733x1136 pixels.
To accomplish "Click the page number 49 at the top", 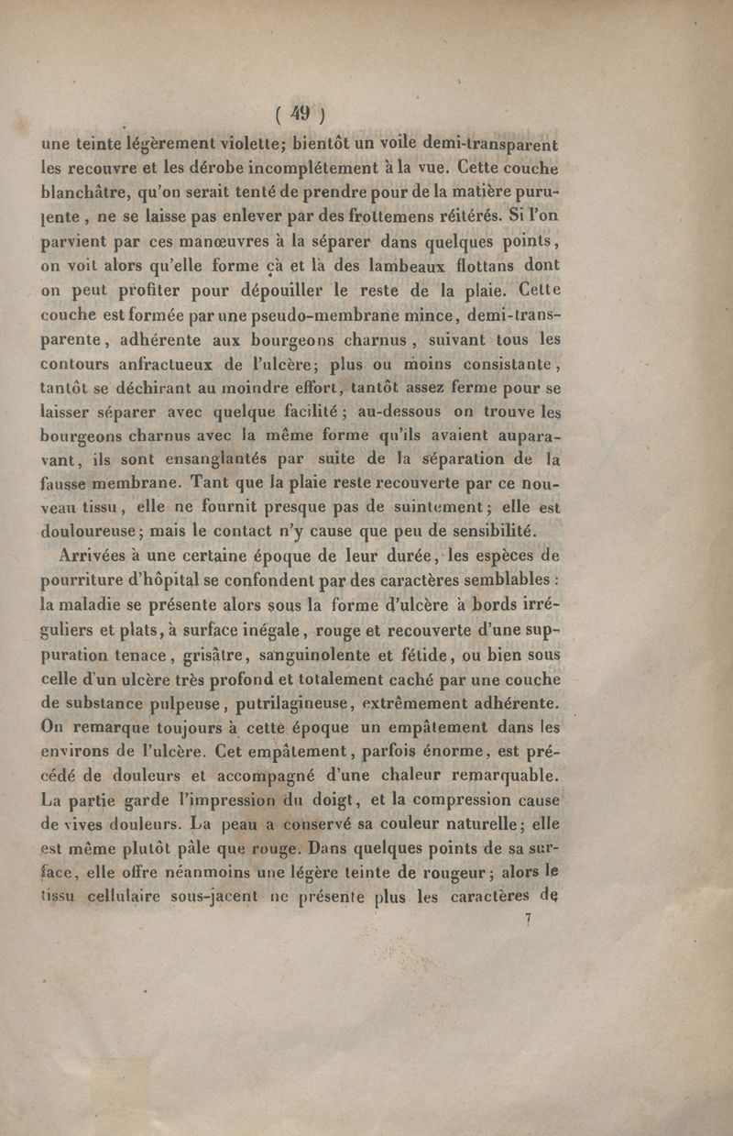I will (299, 115).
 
